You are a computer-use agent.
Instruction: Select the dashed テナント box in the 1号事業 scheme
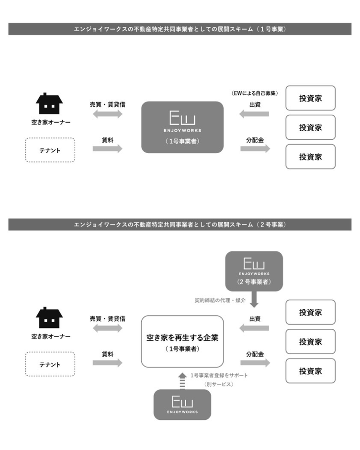point(50,150)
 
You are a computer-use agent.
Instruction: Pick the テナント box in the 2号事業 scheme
point(50,364)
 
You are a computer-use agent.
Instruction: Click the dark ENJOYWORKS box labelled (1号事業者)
point(182,127)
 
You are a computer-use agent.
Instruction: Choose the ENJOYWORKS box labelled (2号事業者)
point(254,271)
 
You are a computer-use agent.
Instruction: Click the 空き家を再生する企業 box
point(182,341)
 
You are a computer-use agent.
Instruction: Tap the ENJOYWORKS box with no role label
point(182,405)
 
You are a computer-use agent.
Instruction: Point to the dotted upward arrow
point(182,381)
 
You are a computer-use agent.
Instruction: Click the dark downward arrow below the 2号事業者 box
point(254,301)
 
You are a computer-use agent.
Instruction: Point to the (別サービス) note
point(219,384)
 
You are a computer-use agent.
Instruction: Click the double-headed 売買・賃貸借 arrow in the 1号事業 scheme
point(108,114)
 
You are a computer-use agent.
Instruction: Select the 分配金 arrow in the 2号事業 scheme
point(255,363)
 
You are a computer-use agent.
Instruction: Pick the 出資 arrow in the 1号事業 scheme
point(254,114)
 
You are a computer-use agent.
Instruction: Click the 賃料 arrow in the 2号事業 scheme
point(108,363)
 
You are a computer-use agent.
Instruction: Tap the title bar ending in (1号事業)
point(180,29)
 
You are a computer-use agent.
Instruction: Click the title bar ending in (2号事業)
point(180,225)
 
